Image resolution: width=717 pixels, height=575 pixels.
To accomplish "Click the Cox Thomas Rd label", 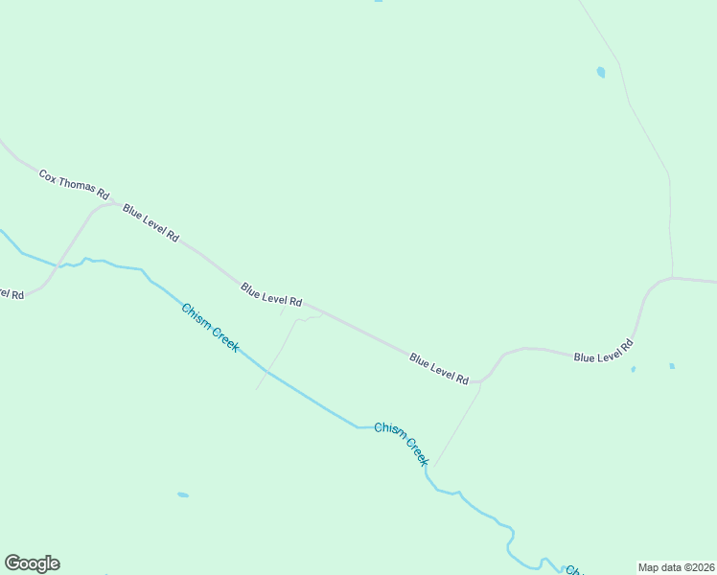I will (74, 186).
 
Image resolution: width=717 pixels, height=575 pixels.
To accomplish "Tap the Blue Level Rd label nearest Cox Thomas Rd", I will (150, 221).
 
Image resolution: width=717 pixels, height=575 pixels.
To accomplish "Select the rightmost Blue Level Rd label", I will (604, 351).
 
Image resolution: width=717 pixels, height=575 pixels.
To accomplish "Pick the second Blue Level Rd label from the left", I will (271, 294).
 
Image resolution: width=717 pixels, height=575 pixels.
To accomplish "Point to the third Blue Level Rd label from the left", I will (439, 369).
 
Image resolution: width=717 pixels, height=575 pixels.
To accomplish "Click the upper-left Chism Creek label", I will (210, 328).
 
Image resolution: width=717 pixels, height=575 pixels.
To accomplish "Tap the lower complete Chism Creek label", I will (402, 444).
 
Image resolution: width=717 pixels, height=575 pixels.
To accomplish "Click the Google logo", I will (32, 563).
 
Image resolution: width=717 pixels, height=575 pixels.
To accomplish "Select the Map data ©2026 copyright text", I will (676, 567).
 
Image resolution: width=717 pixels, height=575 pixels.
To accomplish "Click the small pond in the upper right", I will (601, 72).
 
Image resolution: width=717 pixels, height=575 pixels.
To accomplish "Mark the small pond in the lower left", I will (182, 494).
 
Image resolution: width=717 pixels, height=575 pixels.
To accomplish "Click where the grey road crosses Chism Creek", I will (60, 265).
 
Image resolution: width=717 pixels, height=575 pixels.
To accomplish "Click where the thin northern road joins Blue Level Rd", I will (673, 278).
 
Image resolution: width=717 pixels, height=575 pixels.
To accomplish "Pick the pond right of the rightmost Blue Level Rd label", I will (671, 365).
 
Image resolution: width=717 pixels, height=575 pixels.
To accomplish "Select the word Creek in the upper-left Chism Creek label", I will (222, 337).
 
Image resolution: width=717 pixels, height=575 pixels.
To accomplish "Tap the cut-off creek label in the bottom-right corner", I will (573, 570).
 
